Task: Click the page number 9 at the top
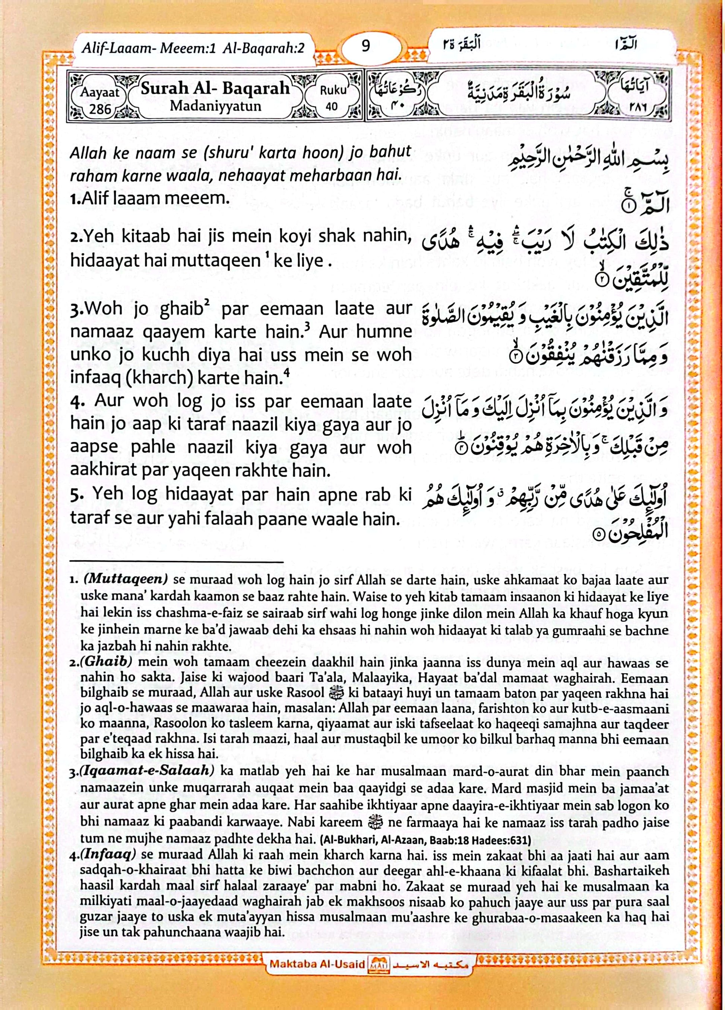coord(365,46)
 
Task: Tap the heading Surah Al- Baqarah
coord(215,88)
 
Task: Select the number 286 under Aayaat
coord(100,109)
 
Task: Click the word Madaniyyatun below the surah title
coord(215,107)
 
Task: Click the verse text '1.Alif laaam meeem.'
coord(150,198)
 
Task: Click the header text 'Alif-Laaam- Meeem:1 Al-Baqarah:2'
coord(193,48)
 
